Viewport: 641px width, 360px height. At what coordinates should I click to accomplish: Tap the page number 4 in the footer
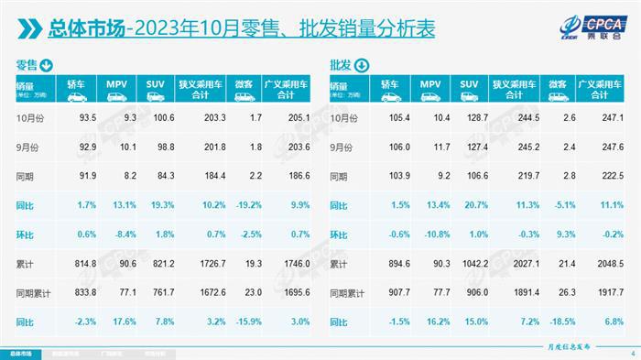pos(631,353)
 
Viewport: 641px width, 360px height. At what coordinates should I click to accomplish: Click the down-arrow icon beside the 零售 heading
pos(45,64)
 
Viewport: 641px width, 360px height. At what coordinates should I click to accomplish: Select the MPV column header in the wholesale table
pos(430,88)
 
